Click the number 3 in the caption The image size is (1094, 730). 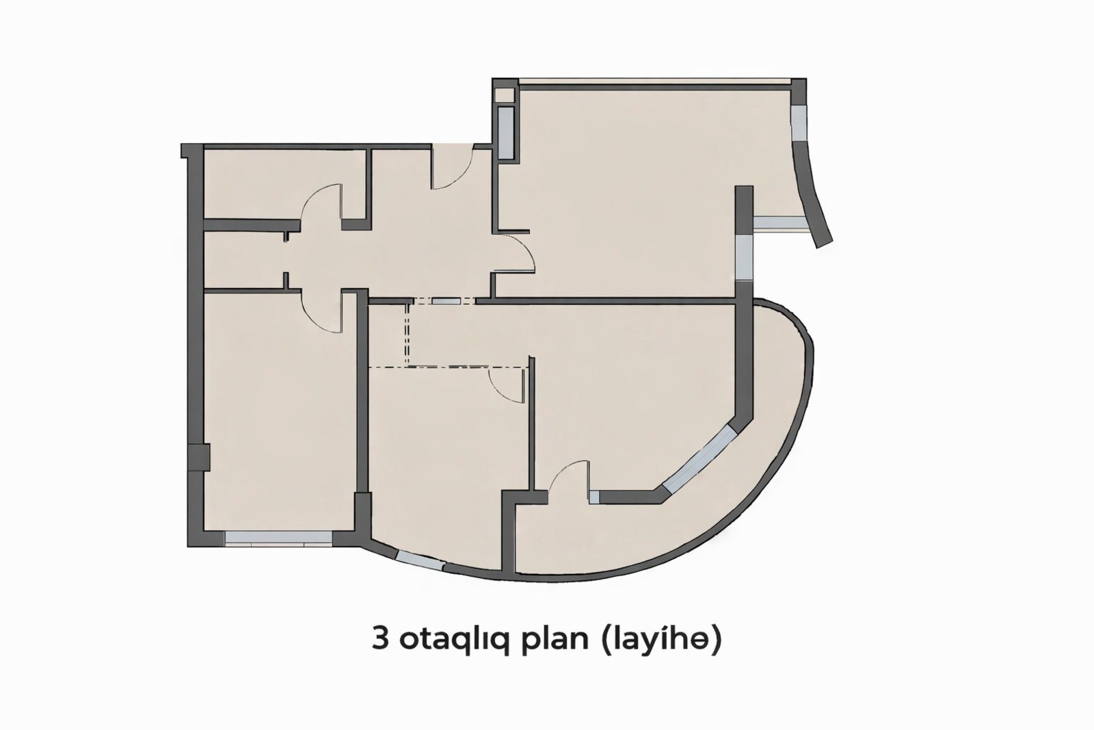pos(380,640)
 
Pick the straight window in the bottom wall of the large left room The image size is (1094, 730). pos(278,538)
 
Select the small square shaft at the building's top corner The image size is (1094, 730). pos(505,95)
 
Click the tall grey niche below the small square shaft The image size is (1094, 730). pos(505,133)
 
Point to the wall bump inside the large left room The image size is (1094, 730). pos(204,458)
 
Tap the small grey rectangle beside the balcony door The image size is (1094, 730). pos(594,497)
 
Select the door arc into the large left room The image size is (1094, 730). pos(320,313)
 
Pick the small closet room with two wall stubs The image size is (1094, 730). pos(244,259)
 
